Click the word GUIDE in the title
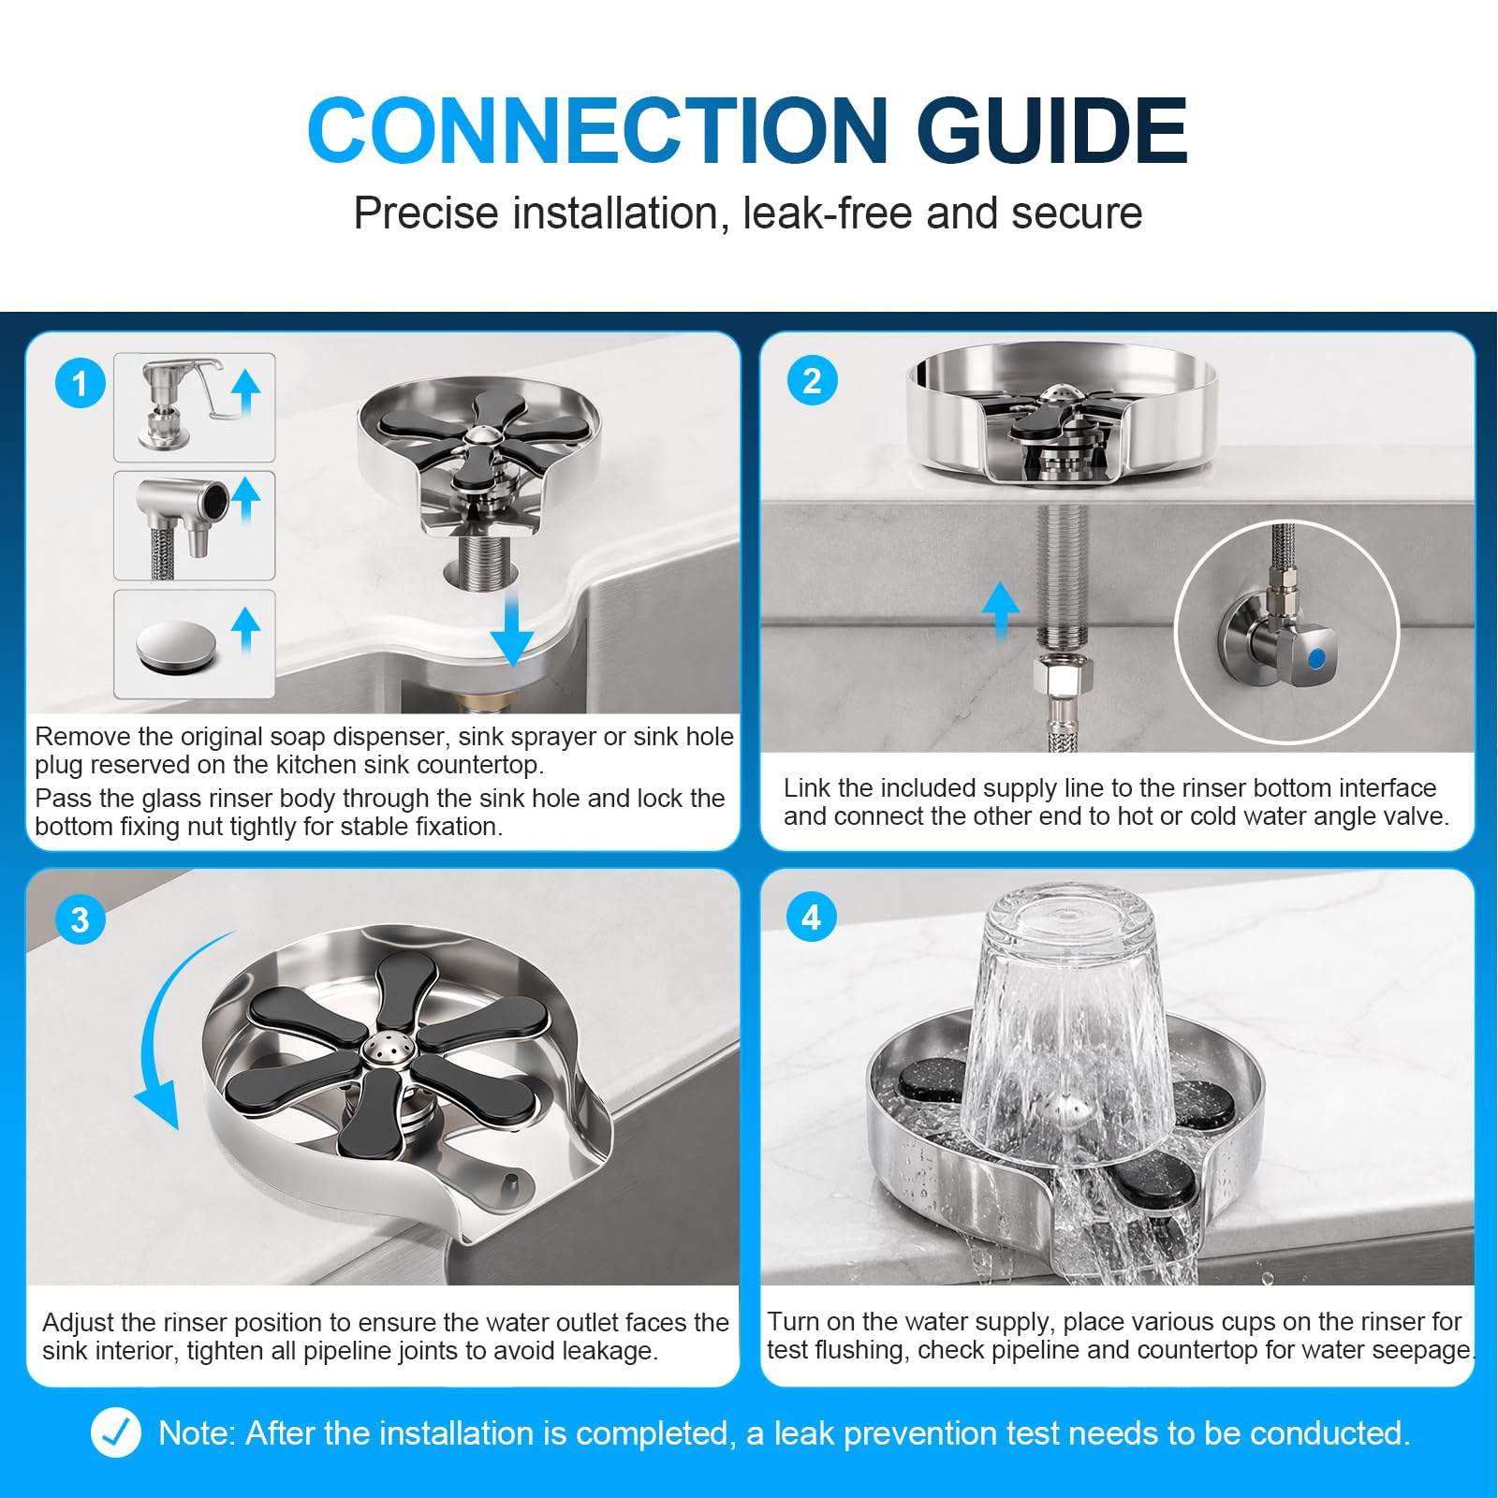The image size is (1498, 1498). pos(1052,130)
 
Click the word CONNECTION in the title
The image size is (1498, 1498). pos(598,130)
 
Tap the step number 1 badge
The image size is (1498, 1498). pos(80,384)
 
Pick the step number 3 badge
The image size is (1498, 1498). pos(81,918)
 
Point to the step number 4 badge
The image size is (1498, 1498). pos(812,917)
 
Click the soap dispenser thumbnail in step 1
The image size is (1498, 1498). pos(195,407)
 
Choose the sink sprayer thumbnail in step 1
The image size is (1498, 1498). pos(195,525)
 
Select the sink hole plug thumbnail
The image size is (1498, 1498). pos(195,644)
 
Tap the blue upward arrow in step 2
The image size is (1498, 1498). pos(1001,609)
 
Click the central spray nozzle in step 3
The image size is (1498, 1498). pos(385,1049)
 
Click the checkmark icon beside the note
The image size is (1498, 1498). pos(116,1432)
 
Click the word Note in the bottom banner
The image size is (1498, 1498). pos(197,1433)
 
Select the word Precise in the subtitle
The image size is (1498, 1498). pos(426,213)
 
